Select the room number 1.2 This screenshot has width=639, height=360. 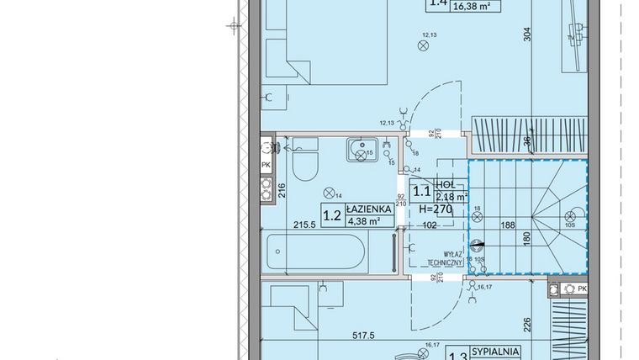pos(330,214)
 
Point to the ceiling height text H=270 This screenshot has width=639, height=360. pos(435,209)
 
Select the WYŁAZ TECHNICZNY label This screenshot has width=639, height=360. pos(441,257)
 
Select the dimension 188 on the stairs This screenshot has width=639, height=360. pos(509,226)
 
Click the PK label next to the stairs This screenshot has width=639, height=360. pos(583,289)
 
